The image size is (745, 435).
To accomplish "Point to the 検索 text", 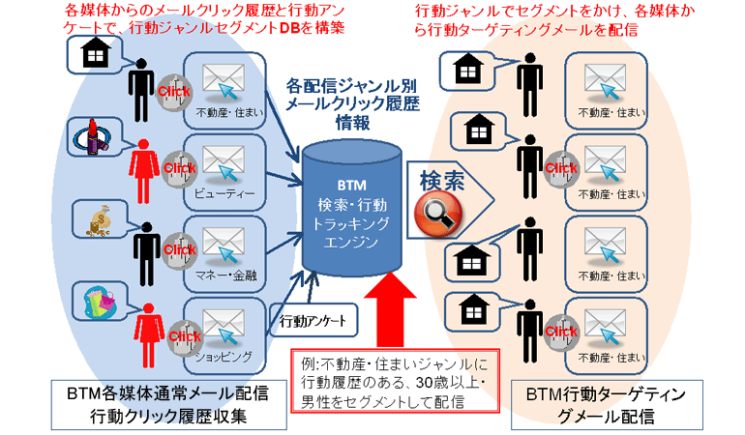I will (442, 180).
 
